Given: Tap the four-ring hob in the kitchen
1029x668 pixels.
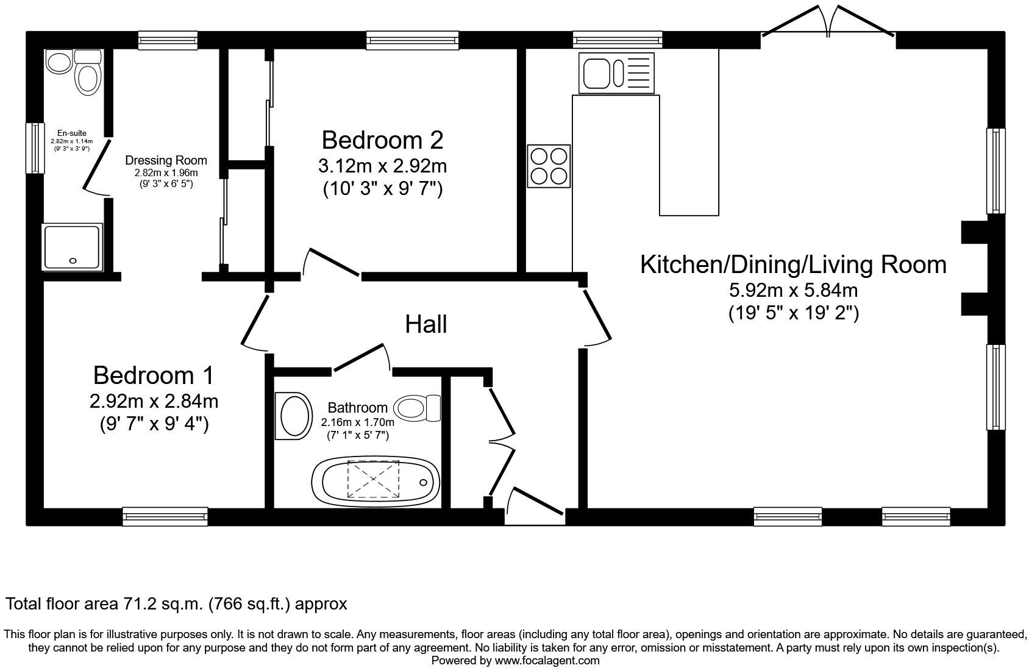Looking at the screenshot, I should (549, 166).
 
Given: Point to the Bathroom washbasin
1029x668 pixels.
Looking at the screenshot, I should (294, 415).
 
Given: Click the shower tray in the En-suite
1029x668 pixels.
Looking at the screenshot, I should (73, 247).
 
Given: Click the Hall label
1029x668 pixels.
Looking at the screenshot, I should (426, 324).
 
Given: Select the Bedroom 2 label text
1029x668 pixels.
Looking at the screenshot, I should (382, 140).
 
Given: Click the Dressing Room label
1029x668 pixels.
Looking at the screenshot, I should (166, 160).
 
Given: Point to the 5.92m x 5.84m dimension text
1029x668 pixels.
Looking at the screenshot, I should (793, 290).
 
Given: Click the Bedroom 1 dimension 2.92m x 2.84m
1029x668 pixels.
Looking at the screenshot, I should (154, 401).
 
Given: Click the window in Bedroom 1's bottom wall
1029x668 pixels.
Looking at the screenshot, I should (165, 516).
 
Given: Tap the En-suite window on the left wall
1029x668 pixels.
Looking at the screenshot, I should (35, 148).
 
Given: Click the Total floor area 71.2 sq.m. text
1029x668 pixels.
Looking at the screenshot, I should (176, 604).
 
